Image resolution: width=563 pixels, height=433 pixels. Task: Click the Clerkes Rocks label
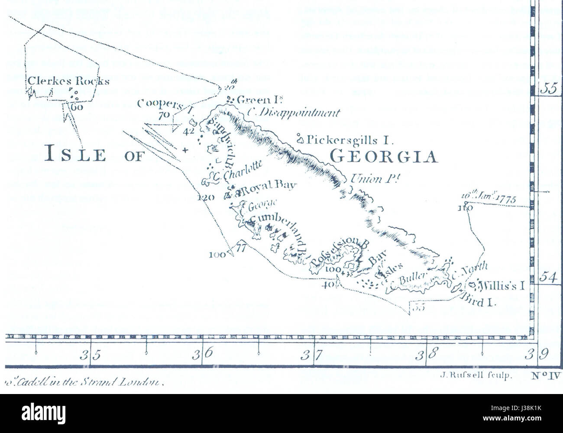click(x=68, y=81)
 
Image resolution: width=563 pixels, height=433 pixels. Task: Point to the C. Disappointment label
click(x=293, y=113)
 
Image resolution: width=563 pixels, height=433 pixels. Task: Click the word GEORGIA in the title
click(x=383, y=156)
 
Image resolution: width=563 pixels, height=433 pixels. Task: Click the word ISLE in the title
click(x=76, y=154)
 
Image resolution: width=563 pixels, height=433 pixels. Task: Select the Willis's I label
click(x=502, y=286)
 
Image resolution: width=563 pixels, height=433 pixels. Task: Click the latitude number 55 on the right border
click(x=548, y=88)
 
